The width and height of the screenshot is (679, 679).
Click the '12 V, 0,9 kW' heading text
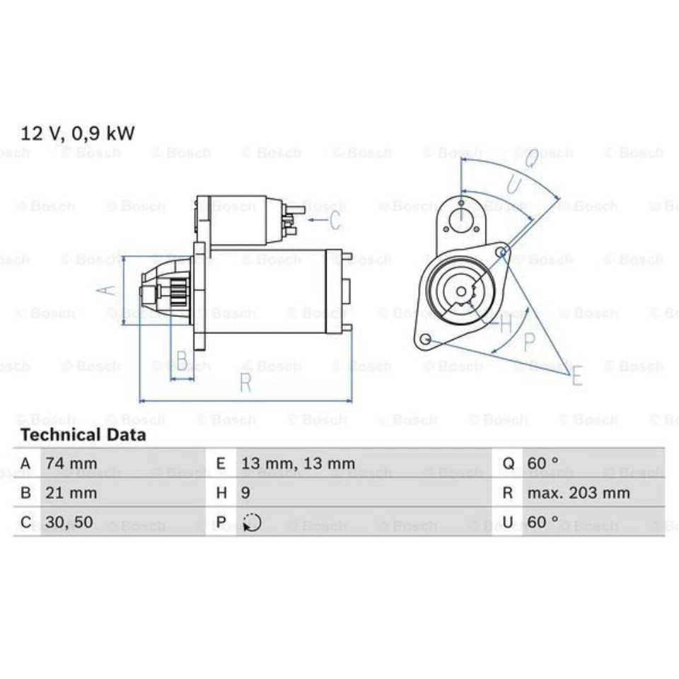[x=77, y=132]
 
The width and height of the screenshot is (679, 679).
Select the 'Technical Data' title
[x=83, y=435]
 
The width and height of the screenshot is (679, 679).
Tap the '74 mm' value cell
[x=71, y=464]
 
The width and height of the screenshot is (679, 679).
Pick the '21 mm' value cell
[x=71, y=493]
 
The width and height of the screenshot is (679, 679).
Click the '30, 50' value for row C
[x=69, y=523]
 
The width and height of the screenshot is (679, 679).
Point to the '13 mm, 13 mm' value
[x=298, y=464]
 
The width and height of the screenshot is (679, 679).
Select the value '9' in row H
[x=246, y=493]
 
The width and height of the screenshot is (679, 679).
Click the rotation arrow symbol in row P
[x=252, y=523]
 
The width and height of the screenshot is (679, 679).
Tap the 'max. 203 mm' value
[x=579, y=493]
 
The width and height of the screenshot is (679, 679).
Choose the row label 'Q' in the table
[x=509, y=464]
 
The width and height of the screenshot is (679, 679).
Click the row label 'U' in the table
[x=509, y=523]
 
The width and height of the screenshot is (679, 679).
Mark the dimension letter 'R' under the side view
[x=245, y=383]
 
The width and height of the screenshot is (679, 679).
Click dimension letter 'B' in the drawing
[x=182, y=361]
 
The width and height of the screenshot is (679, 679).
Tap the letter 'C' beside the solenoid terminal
[x=335, y=220]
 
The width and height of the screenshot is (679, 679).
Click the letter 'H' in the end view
[x=505, y=325]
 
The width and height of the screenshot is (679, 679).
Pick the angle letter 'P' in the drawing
[x=529, y=342]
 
